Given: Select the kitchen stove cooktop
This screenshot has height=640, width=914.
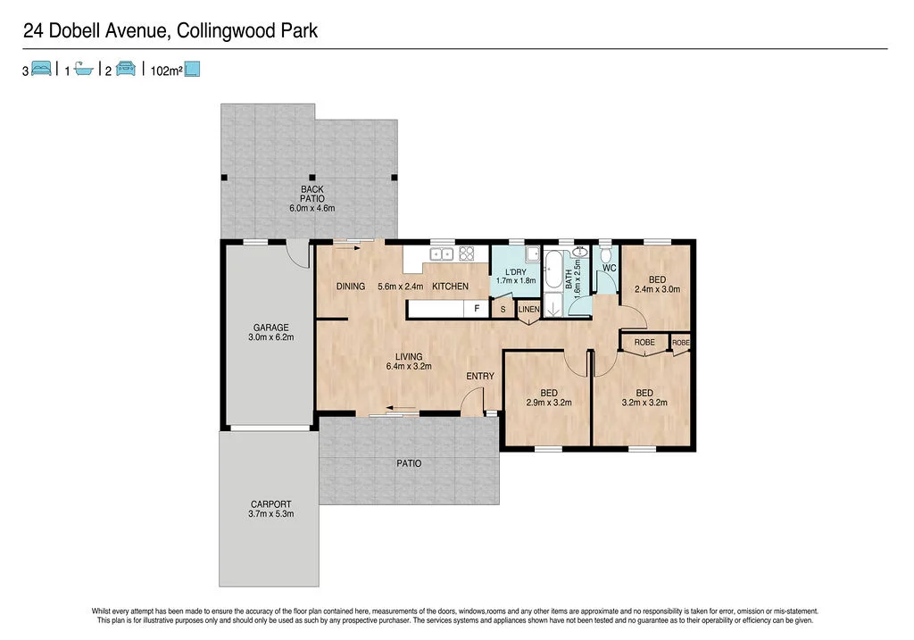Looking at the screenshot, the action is click(x=466, y=254).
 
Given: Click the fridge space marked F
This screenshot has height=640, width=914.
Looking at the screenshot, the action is click(x=477, y=309).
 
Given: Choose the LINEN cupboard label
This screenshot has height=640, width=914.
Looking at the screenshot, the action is click(x=529, y=310).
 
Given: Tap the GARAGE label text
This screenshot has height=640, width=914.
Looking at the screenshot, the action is click(x=270, y=328).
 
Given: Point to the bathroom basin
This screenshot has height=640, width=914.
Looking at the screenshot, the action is click(x=580, y=253).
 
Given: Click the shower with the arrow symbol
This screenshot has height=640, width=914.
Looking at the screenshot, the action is click(x=553, y=307).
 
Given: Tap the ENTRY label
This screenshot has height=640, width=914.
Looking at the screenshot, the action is click(x=480, y=376).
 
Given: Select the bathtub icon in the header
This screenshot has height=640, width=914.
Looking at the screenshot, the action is click(x=83, y=69).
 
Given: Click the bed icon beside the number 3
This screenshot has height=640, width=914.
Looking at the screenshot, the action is click(x=42, y=69).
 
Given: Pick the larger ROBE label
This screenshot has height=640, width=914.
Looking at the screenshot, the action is click(x=644, y=343).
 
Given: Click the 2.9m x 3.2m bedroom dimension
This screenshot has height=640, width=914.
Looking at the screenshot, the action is click(x=548, y=403).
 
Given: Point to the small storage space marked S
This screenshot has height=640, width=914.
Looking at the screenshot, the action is click(x=503, y=310).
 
